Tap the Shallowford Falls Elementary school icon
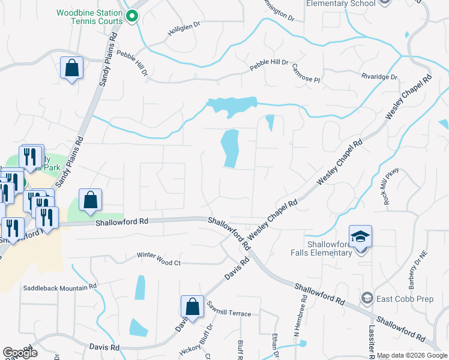pyautogui.click(x=360, y=236)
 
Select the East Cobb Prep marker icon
pyautogui.click(x=367, y=298)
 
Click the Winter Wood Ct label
pyautogui.click(x=158, y=263)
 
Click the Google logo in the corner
pyautogui.click(x=19, y=353)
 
